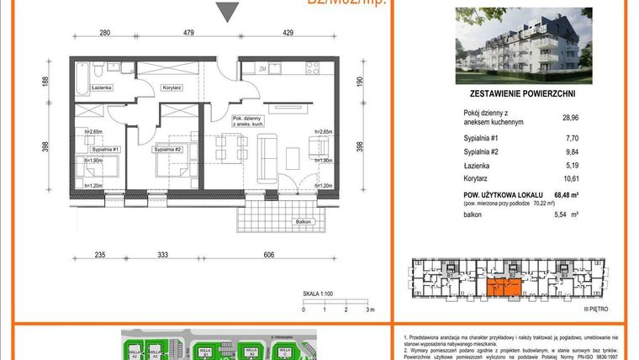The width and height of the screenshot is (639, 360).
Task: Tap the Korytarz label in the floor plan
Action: (173, 86)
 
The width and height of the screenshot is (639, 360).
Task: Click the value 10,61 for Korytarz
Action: (572, 178)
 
